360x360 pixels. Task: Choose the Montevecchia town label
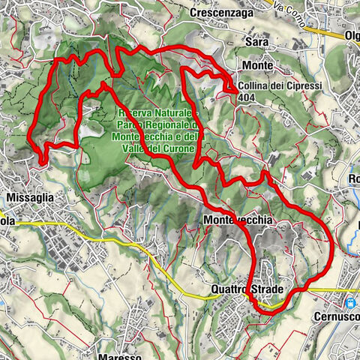coord(235,220)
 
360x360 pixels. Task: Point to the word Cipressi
coord(303,86)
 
